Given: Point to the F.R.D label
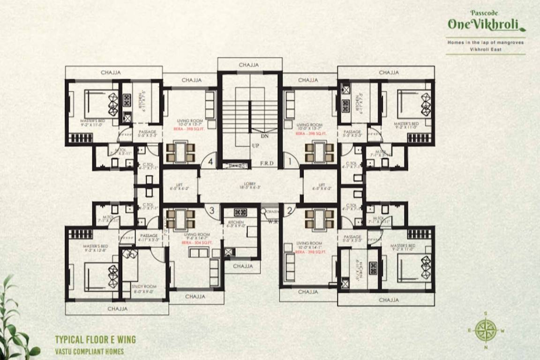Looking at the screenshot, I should pos(267,164).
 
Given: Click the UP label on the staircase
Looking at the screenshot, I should pos(255,146).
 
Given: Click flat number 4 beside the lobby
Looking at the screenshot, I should pos(210,162).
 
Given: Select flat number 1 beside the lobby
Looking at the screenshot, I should pos(290,162).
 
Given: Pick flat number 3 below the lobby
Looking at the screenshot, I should pos(212,210).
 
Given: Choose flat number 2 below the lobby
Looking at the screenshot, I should pos(289,210).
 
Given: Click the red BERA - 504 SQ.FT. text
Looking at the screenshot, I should pos(197,243).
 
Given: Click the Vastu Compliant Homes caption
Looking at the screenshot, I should pos(89,351).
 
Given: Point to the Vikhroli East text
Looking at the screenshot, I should pos(485,49).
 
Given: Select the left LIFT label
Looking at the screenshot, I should pos(180,186).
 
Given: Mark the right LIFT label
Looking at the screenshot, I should pos(321,186).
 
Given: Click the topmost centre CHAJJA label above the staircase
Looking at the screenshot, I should pos(250,65).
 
